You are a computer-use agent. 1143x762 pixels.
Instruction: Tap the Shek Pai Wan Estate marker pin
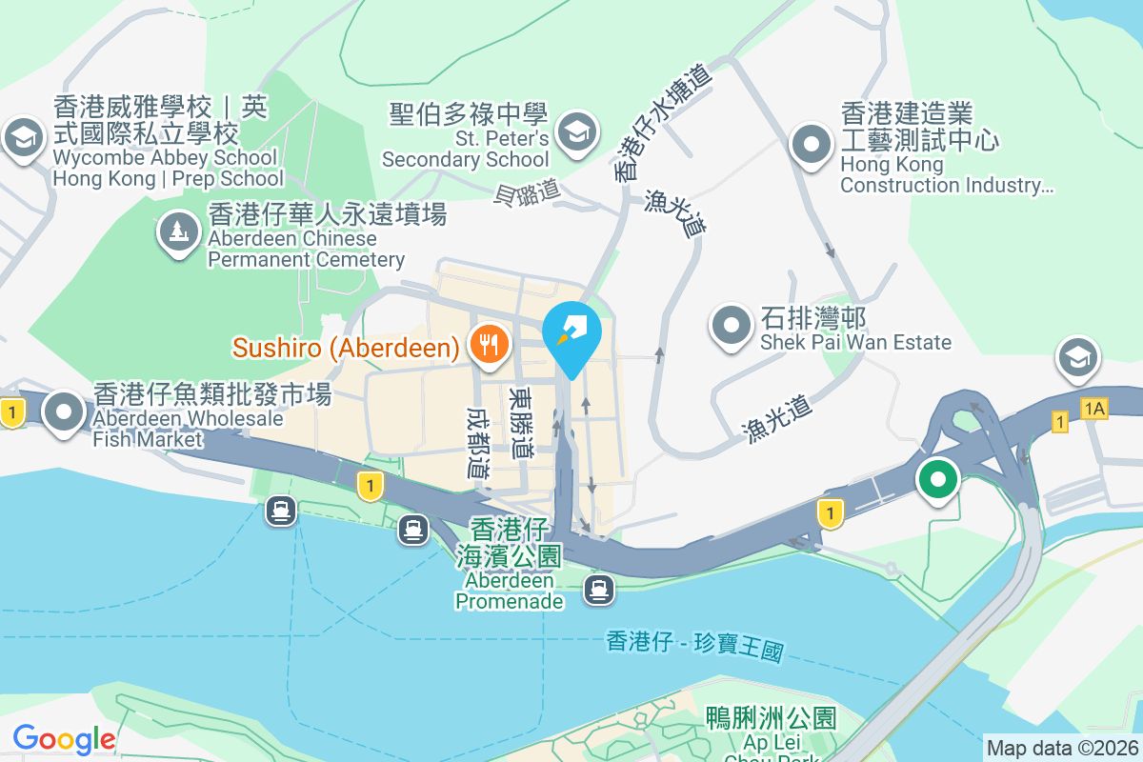tap(732, 325)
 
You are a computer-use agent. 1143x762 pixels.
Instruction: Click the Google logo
tap(65, 738)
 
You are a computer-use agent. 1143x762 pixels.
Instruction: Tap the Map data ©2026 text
tap(1062, 748)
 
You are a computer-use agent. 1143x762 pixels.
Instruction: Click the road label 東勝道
tap(522, 421)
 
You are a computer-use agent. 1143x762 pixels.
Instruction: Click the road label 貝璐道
tap(527, 193)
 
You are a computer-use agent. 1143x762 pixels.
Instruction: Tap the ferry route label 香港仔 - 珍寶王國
tap(694, 648)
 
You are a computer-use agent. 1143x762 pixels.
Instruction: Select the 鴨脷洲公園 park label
tap(771, 717)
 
